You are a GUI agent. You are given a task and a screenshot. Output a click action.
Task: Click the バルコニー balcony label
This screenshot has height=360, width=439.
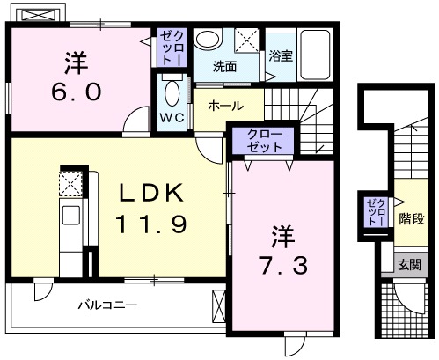[x=106, y=305]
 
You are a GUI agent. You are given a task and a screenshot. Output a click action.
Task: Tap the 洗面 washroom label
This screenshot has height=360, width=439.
[x=225, y=65]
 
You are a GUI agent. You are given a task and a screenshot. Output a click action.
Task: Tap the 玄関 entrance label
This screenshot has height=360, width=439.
[x=409, y=264]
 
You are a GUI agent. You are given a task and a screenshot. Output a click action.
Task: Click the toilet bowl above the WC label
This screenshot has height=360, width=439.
[x=172, y=92]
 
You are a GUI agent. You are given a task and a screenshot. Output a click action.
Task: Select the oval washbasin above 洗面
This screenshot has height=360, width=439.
[x=208, y=40]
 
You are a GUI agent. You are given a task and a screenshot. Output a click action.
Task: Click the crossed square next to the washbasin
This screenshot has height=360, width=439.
[x=247, y=40]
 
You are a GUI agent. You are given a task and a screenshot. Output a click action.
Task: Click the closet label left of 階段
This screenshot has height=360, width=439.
[x=375, y=214]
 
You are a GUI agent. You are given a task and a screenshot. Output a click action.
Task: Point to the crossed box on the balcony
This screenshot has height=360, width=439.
[x=219, y=309]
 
